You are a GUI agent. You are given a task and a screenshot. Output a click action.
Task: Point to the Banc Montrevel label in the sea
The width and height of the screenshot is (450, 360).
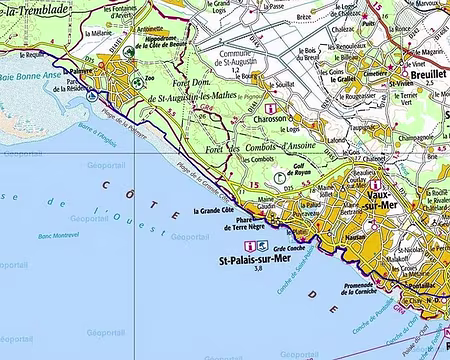(x=58, y=236)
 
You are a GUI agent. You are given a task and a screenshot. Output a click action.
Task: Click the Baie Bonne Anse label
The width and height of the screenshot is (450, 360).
(x=28, y=75)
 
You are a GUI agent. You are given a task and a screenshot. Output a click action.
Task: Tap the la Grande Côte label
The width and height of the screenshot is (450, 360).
(x=213, y=211)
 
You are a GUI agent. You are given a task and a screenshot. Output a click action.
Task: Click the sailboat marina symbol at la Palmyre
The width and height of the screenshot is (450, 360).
(x=93, y=97)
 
